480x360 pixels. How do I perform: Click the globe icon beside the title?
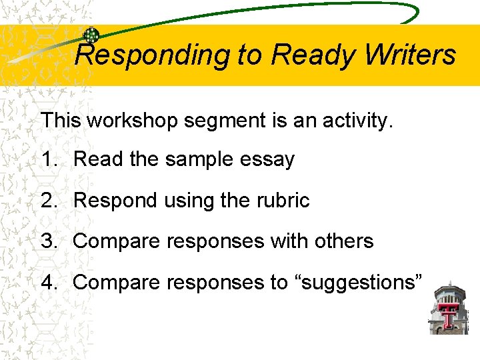click(x=91, y=36)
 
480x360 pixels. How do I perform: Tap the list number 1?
click(x=48, y=160)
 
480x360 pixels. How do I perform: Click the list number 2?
click(x=48, y=201)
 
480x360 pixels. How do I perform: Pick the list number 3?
click(x=48, y=241)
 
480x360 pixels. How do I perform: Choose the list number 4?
click(x=48, y=282)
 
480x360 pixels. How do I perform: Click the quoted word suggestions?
click(x=359, y=283)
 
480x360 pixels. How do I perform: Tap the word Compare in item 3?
click(x=114, y=241)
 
